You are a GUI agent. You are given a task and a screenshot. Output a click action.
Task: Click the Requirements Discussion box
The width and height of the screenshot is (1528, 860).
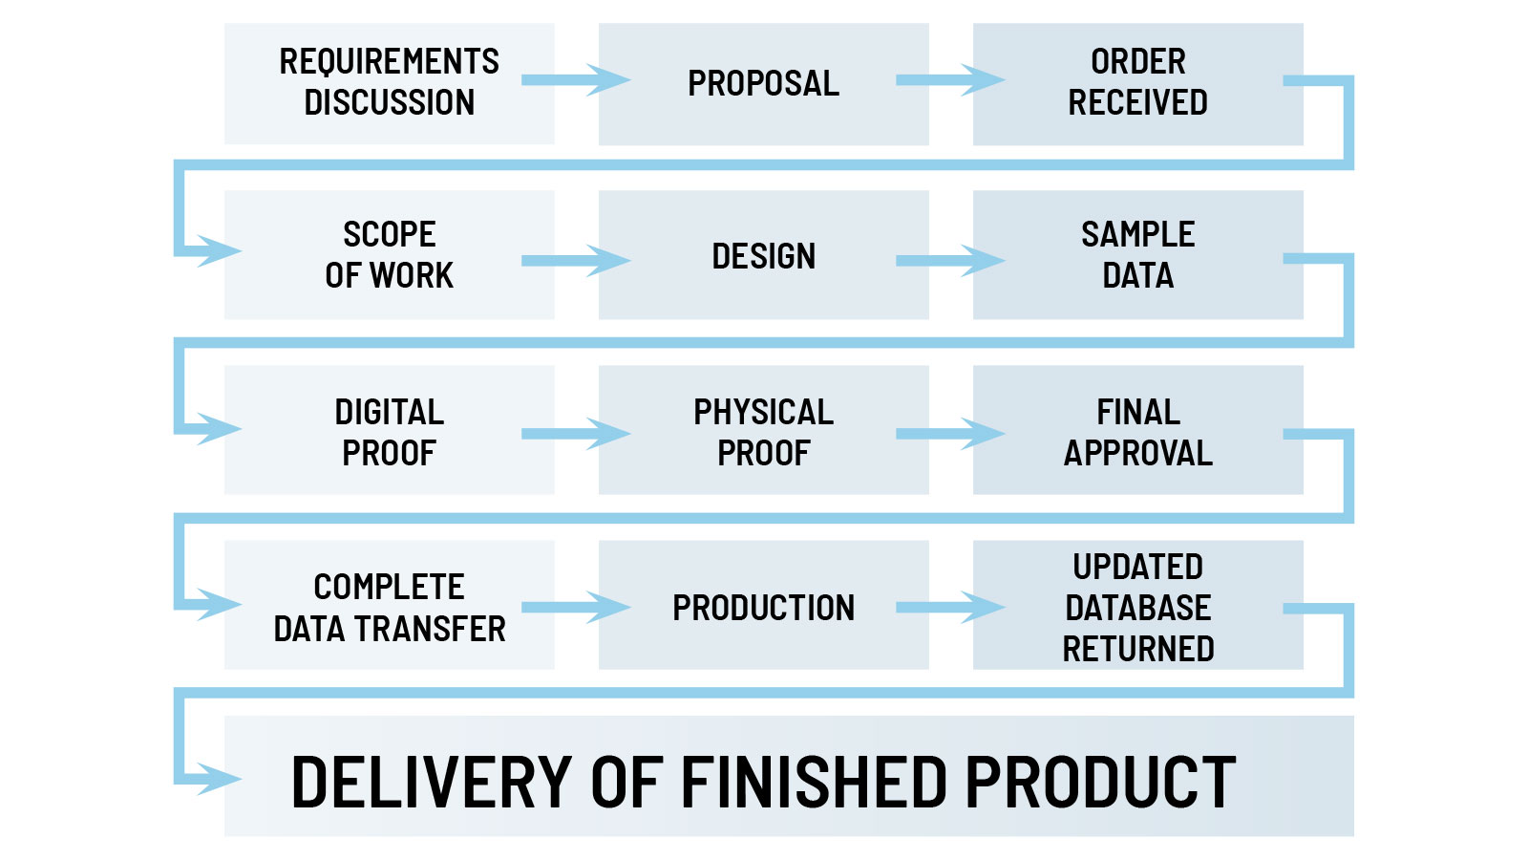click(389, 83)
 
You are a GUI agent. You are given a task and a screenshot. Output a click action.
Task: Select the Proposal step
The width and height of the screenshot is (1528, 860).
click(763, 83)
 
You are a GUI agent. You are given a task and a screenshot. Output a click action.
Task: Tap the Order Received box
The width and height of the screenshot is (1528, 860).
click(1137, 83)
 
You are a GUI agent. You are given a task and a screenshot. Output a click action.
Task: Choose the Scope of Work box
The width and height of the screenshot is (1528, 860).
click(389, 255)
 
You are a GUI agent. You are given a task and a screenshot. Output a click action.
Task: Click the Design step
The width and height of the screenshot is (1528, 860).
click(763, 255)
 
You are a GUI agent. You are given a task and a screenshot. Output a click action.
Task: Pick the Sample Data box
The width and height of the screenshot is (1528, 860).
click(1137, 255)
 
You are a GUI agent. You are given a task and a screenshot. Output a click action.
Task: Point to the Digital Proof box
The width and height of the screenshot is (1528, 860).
click(389, 431)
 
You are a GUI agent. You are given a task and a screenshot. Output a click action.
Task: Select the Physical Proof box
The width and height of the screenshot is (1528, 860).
click(763, 431)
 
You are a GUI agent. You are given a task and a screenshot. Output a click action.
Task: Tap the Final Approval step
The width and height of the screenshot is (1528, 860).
click(1137, 431)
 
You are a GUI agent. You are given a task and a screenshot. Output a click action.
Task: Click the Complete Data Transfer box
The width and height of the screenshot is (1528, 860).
click(389, 606)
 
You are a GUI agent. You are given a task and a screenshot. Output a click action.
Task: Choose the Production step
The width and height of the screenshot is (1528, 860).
click(763, 606)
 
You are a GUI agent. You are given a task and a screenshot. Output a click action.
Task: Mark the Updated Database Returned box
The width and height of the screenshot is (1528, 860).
click(1137, 606)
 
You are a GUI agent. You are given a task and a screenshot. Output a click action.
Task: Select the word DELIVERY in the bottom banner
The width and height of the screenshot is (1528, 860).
click(431, 782)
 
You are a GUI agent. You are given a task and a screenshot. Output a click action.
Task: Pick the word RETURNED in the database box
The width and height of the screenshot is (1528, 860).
click(1137, 649)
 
